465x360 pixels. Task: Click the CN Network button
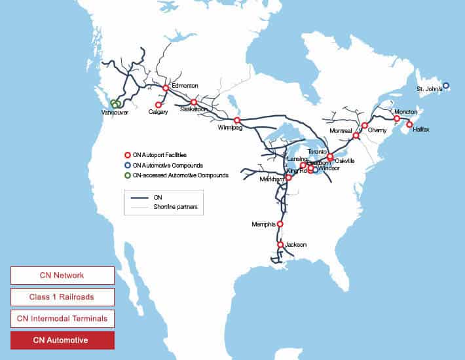[62, 275]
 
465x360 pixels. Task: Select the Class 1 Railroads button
[62, 297]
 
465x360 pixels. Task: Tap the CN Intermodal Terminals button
[62, 319]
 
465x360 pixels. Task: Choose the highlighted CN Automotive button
[62, 340]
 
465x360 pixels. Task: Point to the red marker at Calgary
[158, 105]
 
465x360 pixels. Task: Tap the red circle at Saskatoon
[194, 102]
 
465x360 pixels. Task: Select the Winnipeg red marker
[237, 120]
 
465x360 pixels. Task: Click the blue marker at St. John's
[445, 85]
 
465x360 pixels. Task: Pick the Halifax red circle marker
[409, 124]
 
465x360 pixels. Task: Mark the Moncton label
[405, 112]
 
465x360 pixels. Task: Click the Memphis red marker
[280, 224]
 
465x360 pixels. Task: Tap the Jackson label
[296, 245]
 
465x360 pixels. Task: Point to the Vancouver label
[115, 113]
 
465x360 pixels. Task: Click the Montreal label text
[341, 131]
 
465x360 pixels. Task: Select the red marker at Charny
[365, 125]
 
